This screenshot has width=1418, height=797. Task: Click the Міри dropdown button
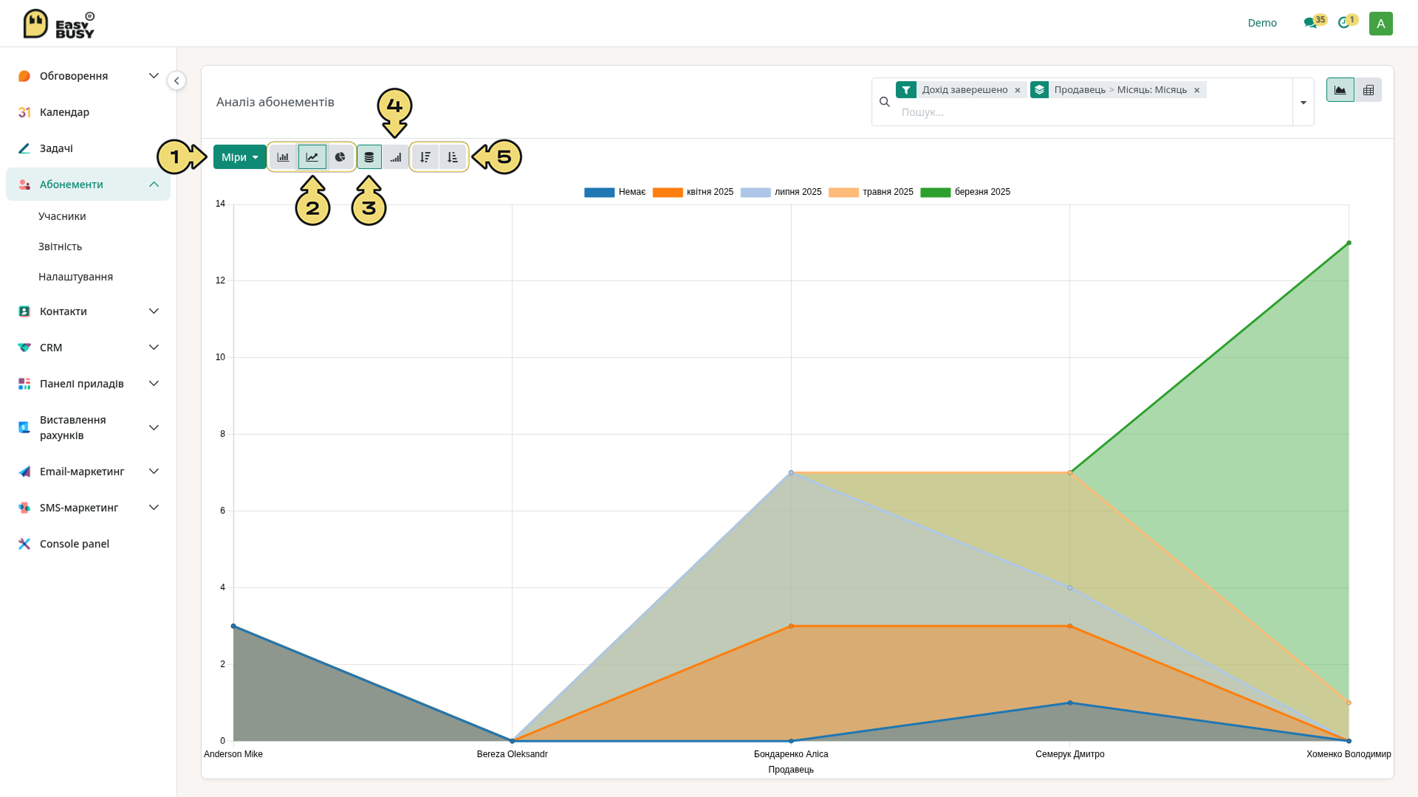click(x=239, y=157)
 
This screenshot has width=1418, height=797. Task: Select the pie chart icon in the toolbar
click(x=340, y=157)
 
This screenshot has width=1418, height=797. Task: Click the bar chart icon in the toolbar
click(x=283, y=157)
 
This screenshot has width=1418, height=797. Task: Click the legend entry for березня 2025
click(x=965, y=192)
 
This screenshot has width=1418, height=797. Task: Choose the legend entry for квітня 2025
click(x=693, y=192)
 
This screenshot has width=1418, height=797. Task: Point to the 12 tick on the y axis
click(x=220, y=280)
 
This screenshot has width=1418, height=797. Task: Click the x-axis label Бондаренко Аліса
click(x=791, y=754)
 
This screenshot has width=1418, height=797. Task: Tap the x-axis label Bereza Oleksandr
click(x=512, y=754)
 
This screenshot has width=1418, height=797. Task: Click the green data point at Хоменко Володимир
click(x=1349, y=243)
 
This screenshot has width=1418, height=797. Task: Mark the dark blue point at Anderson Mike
click(x=233, y=627)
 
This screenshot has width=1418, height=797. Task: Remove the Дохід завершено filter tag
click(x=1018, y=90)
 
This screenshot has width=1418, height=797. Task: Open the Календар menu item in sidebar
click(x=64, y=112)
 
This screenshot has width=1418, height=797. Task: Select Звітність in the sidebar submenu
click(x=60, y=246)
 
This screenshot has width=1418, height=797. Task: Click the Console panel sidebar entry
click(x=74, y=544)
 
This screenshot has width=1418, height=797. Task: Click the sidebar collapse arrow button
click(x=177, y=80)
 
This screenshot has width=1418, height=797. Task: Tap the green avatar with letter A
click(x=1380, y=24)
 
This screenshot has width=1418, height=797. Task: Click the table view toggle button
click(x=1368, y=90)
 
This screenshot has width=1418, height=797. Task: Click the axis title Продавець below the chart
click(x=790, y=770)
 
